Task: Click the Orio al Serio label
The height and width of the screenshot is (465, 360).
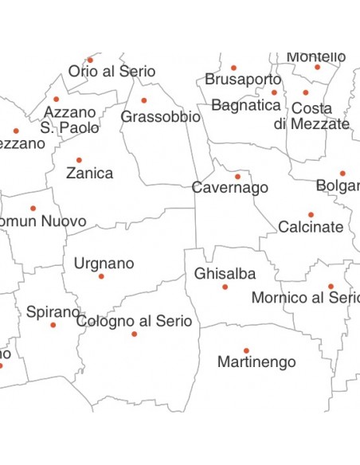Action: (x=112, y=72)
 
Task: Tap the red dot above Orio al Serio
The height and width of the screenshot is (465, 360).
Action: (x=90, y=60)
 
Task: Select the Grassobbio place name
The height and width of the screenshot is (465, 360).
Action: (x=160, y=117)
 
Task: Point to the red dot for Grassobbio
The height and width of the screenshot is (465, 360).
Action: (x=144, y=100)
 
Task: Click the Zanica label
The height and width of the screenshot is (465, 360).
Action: (x=89, y=173)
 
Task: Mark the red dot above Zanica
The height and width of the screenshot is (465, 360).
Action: (x=79, y=160)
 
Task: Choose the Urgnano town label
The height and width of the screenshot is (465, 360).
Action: (x=104, y=264)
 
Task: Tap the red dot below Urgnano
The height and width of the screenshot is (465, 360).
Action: (x=101, y=276)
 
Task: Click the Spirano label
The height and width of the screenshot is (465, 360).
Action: (x=53, y=312)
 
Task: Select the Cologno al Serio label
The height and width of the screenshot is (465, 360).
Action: (x=134, y=321)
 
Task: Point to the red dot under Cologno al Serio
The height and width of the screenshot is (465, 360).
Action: (x=134, y=334)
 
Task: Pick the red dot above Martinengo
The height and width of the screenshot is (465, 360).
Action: (x=246, y=350)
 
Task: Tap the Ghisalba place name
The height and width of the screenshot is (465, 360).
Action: (x=225, y=274)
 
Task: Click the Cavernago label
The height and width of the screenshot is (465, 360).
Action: (x=229, y=189)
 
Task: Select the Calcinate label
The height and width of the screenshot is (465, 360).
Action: (x=311, y=227)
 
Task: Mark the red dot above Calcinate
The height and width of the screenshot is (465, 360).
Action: (x=311, y=214)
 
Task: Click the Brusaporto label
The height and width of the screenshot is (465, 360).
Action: (x=243, y=80)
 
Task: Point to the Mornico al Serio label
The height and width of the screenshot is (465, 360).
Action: (x=305, y=298)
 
